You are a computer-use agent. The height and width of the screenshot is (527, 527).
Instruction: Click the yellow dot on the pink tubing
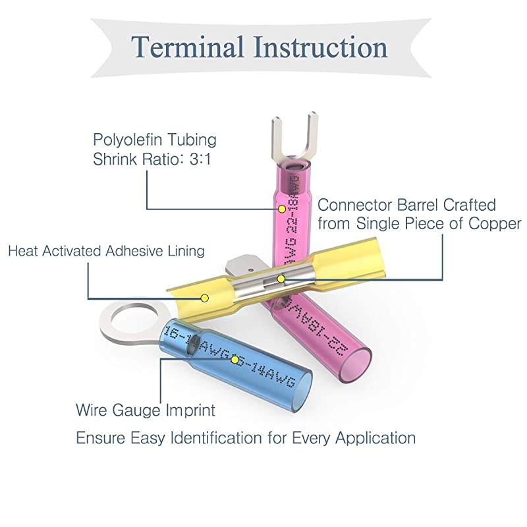pos(281,209)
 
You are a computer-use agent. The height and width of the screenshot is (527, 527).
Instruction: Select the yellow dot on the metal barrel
pos(281,279)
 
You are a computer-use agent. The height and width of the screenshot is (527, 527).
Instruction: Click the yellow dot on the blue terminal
pos(235,362)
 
